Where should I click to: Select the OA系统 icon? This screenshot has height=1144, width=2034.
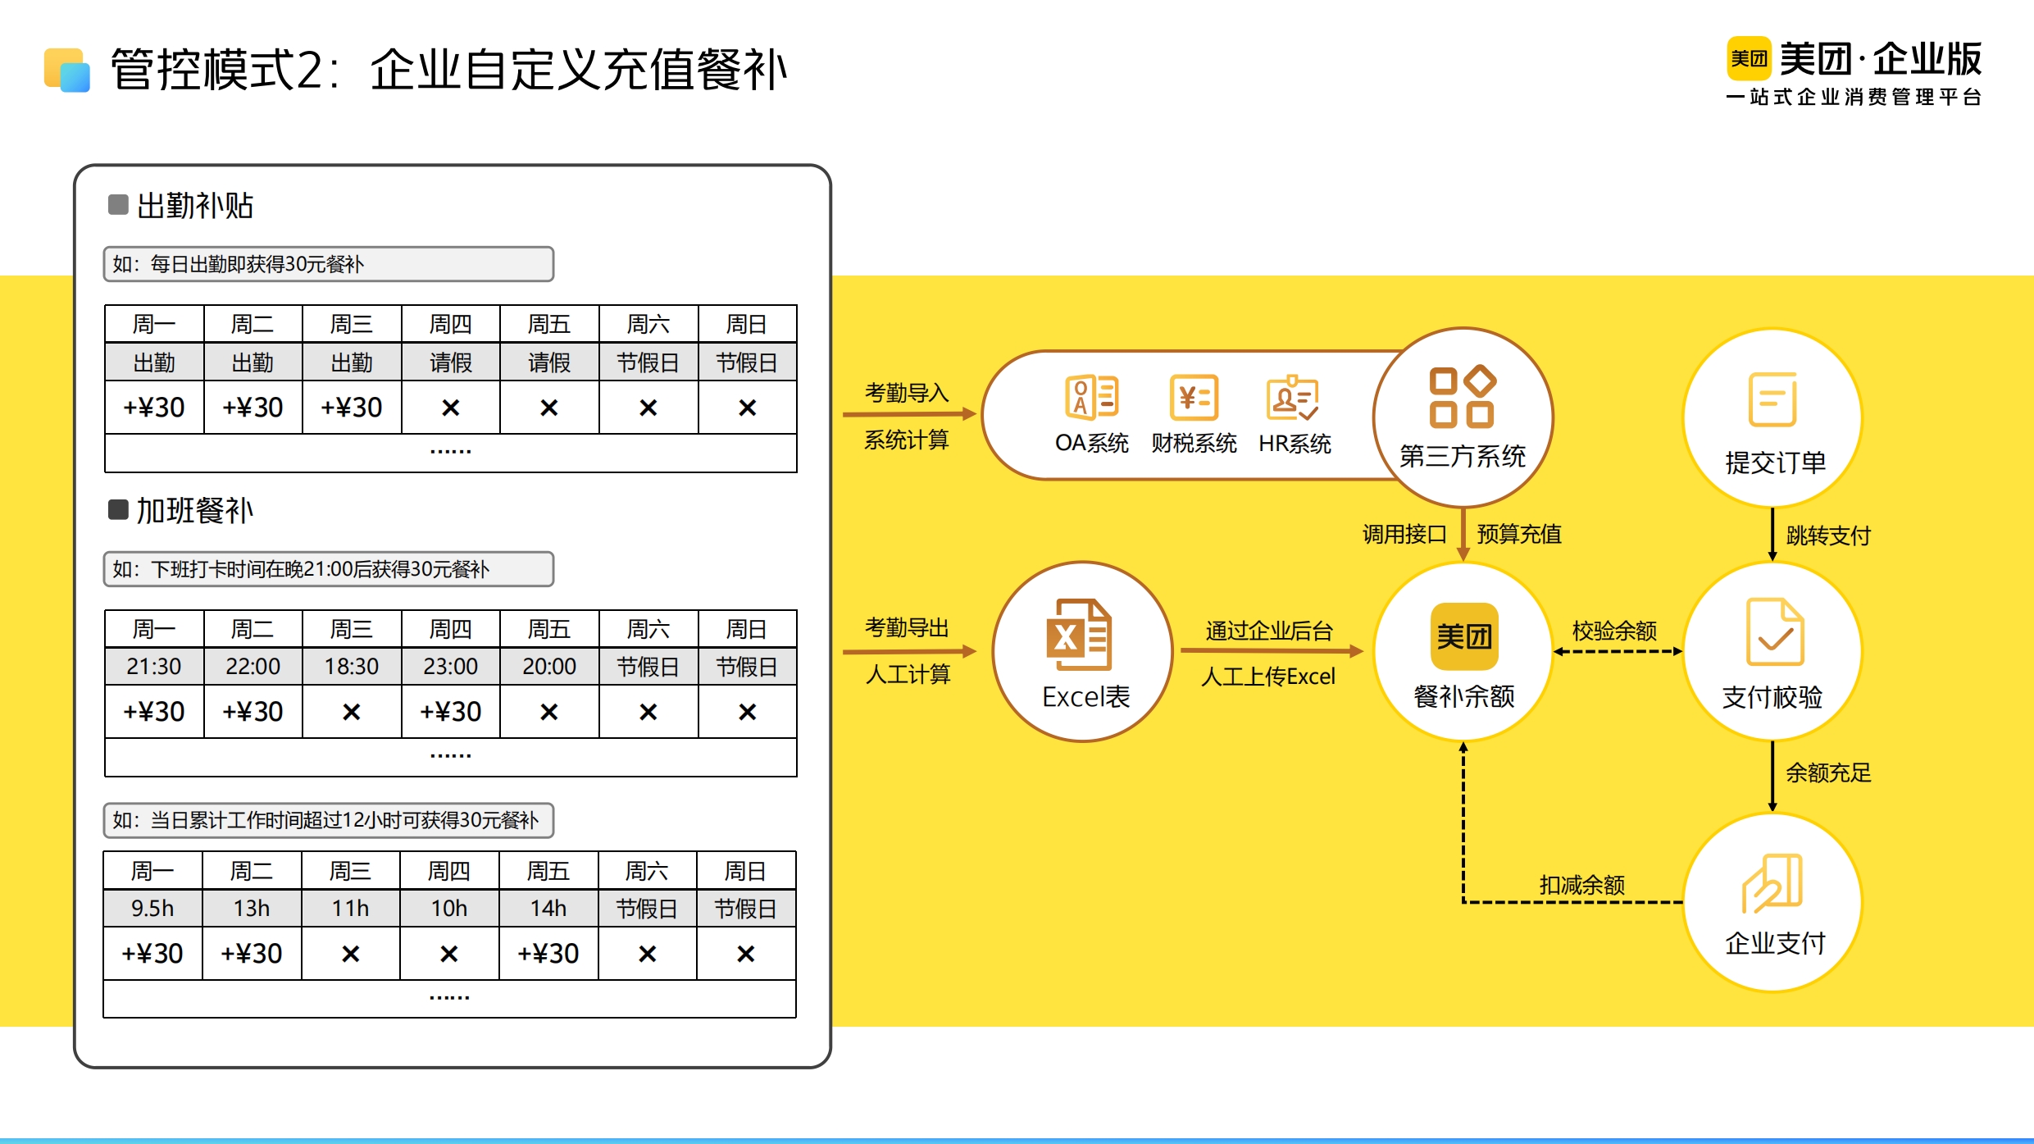(x=1091, y=397)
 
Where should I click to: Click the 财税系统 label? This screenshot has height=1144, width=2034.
(x=1194, y=444)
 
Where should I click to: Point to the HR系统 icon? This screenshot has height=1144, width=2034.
(x=1292, y=398)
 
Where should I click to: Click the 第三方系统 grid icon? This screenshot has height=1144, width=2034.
(x=1463, y=397)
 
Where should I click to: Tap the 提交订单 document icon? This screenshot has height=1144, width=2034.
(x=1772, y=399)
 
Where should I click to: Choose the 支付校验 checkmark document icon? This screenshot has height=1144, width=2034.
(x=1775, y=631)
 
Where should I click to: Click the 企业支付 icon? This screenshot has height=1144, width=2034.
(x=1772, y=883)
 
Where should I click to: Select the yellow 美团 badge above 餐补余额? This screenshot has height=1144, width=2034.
(x=1464, y=636)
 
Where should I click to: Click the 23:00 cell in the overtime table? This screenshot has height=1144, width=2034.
(x=450, y=667)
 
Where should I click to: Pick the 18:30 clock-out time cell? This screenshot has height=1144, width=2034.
(x=352, y=667)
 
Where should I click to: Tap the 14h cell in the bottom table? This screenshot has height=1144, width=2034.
(x=548, y=909)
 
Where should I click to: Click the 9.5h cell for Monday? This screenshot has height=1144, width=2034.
(x=152, y=909)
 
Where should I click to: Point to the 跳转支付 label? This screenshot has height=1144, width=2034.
(x=1828, y=536)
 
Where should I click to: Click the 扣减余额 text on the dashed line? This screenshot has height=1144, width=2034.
(x=1581, y=885)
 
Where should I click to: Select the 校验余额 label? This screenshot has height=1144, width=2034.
(x=1614, y=631)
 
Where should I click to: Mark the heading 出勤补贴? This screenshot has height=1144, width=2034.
(x=195, y=206)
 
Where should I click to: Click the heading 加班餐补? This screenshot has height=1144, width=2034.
(x=195, y=511)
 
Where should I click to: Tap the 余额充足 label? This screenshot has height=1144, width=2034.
(x=1828, y=773)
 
